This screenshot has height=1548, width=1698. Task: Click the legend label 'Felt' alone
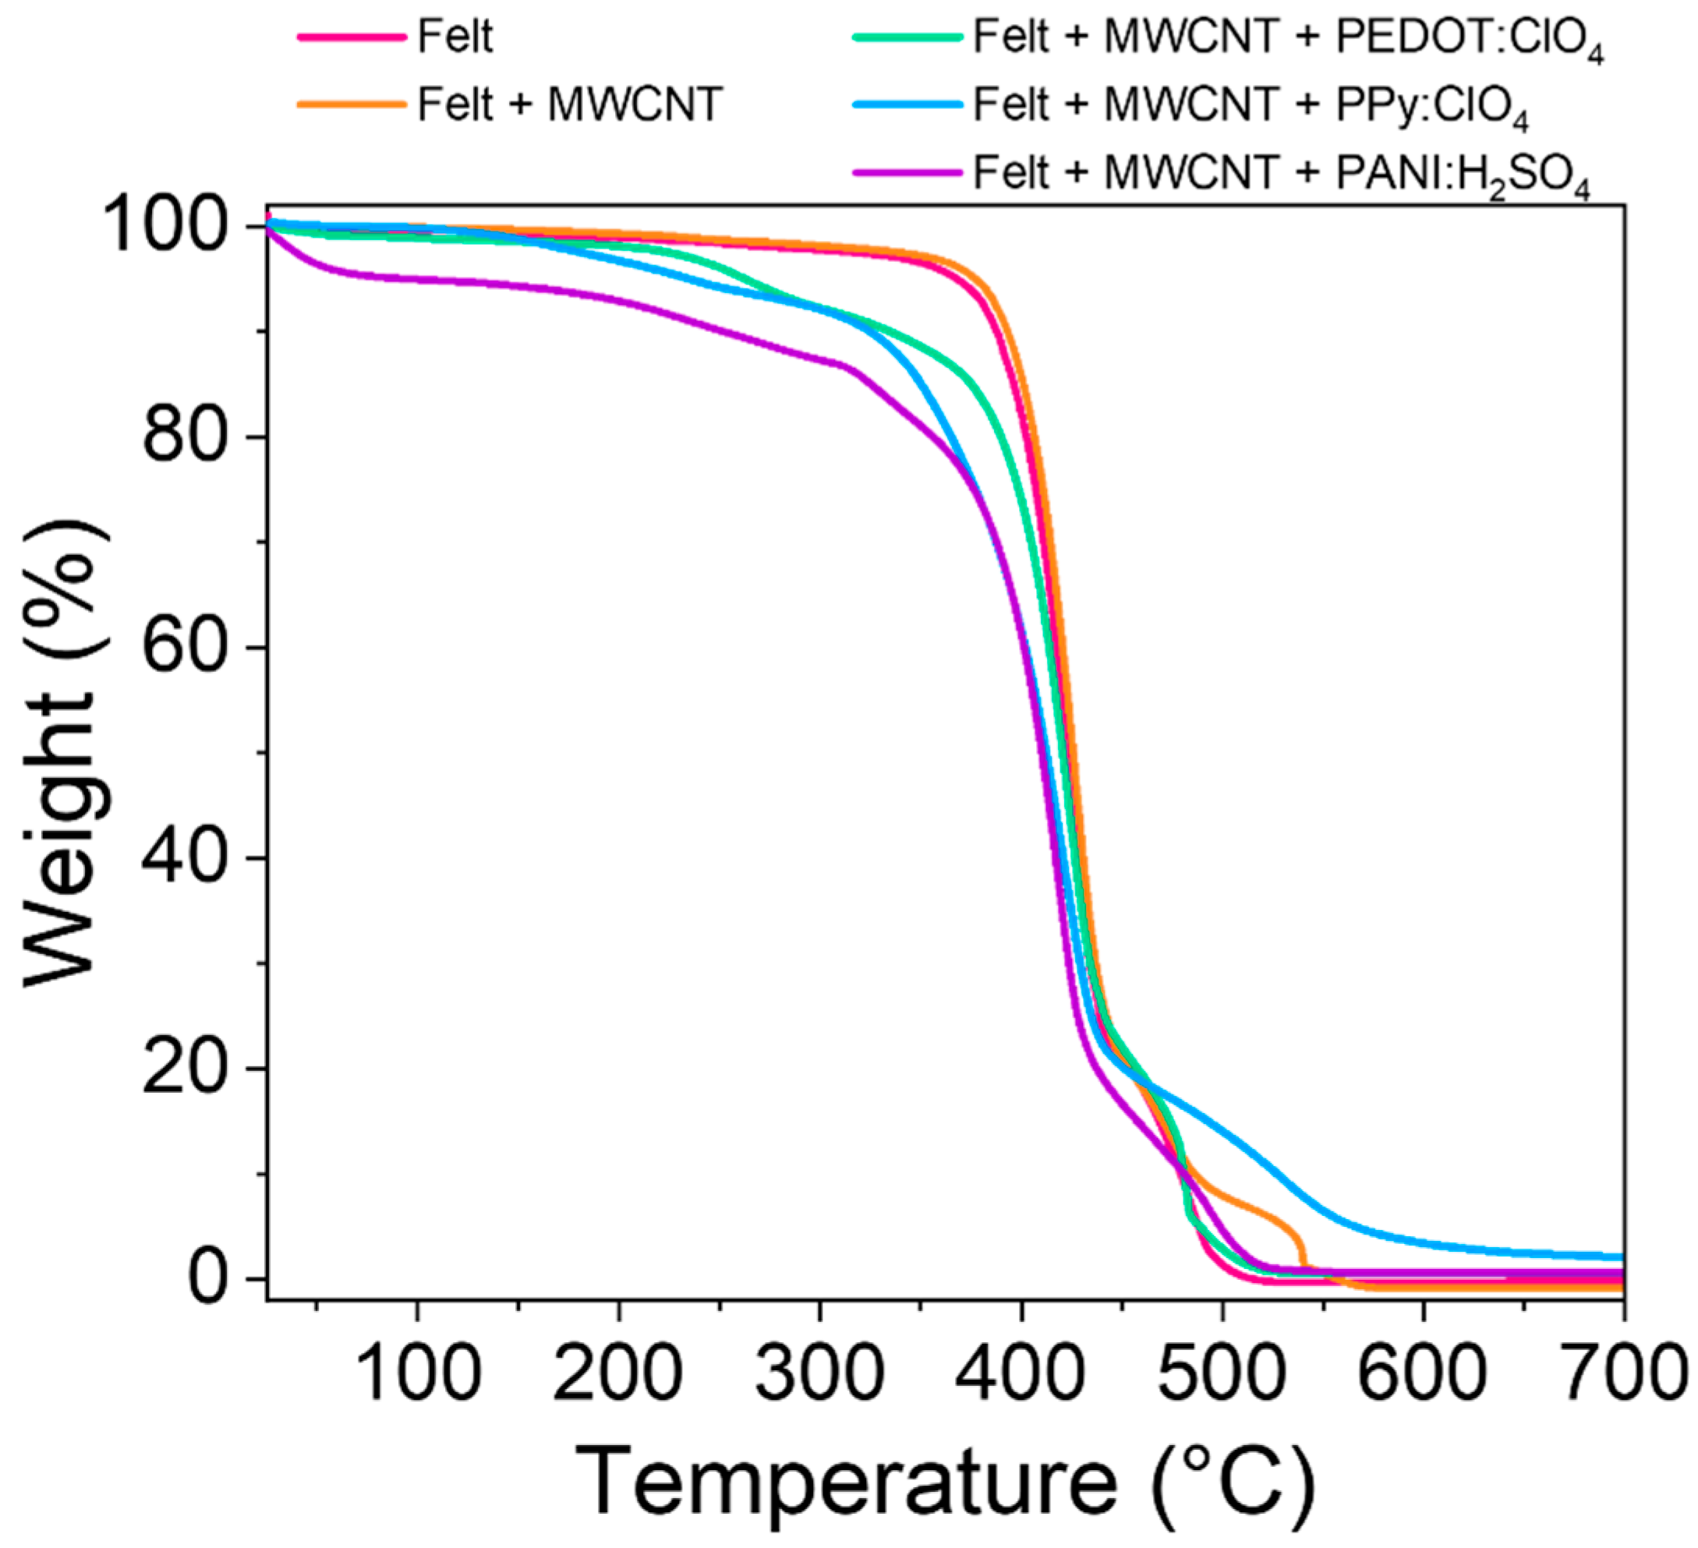455,37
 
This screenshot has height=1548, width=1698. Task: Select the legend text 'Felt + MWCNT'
570,105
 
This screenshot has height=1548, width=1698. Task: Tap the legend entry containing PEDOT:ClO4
1288,39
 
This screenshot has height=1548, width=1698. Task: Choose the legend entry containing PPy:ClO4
1250,107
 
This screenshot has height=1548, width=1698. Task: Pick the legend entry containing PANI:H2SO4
1281,175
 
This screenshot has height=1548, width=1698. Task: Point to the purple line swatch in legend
907,174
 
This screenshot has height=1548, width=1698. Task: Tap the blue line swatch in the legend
907,105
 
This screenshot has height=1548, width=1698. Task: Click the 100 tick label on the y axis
177,227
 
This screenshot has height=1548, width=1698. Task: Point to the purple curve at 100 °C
418,280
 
